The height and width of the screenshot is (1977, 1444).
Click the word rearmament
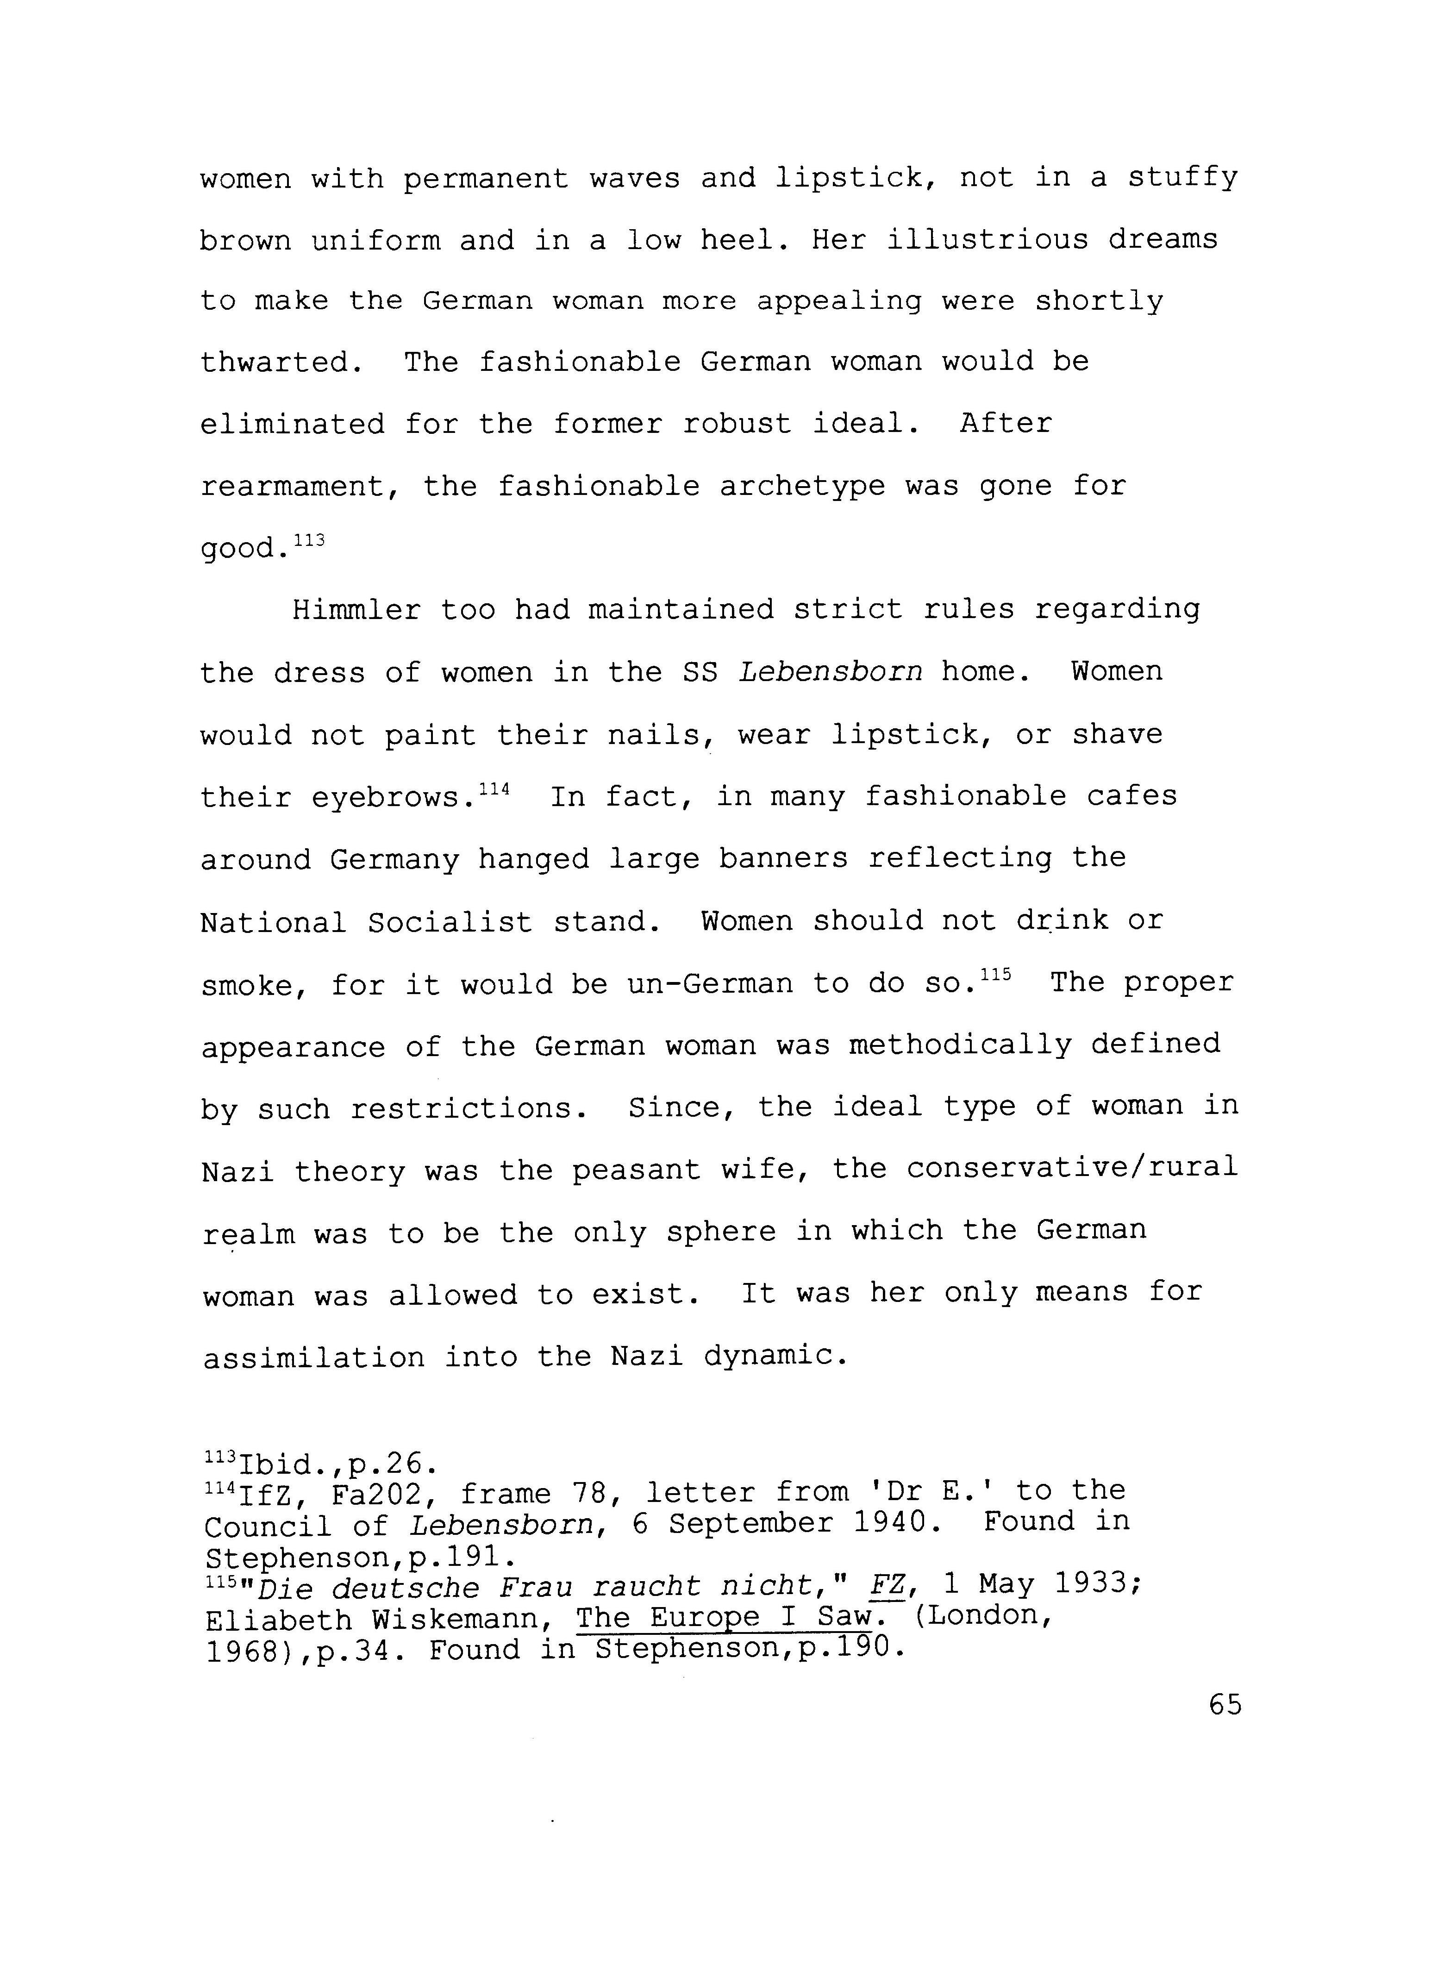pyautogui.click(x=293, y=486)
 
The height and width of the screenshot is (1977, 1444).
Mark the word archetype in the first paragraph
pyautogui.click(x=801, y=486)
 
